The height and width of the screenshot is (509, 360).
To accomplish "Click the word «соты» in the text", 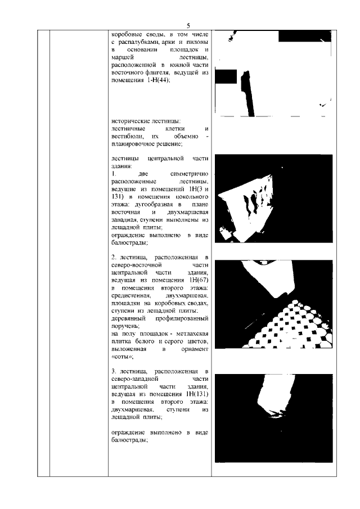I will pos(122,357).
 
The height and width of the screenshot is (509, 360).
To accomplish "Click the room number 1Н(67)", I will pos(198,280).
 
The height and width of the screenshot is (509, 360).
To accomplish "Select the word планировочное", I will pos(137,144).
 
